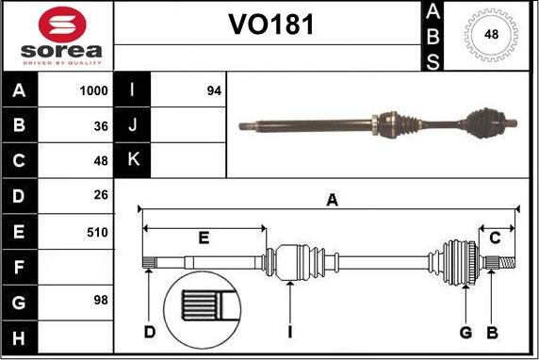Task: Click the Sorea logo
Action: click(x=57, y=36)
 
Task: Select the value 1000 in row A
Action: click(x=93, y=91)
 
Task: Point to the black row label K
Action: click(x=132, y=160)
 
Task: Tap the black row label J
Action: click(x=132, y=125)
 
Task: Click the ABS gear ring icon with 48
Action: click(x=491, y=35)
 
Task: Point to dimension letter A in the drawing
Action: click(x=331, y=199)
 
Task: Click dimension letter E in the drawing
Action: click(x=204, y=237)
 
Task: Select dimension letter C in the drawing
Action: click(x=496, y=237)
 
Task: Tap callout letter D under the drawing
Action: click(x=150, y=331)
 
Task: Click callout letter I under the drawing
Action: click(x=292, y=331)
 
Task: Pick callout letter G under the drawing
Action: click(x=465, y=331)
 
